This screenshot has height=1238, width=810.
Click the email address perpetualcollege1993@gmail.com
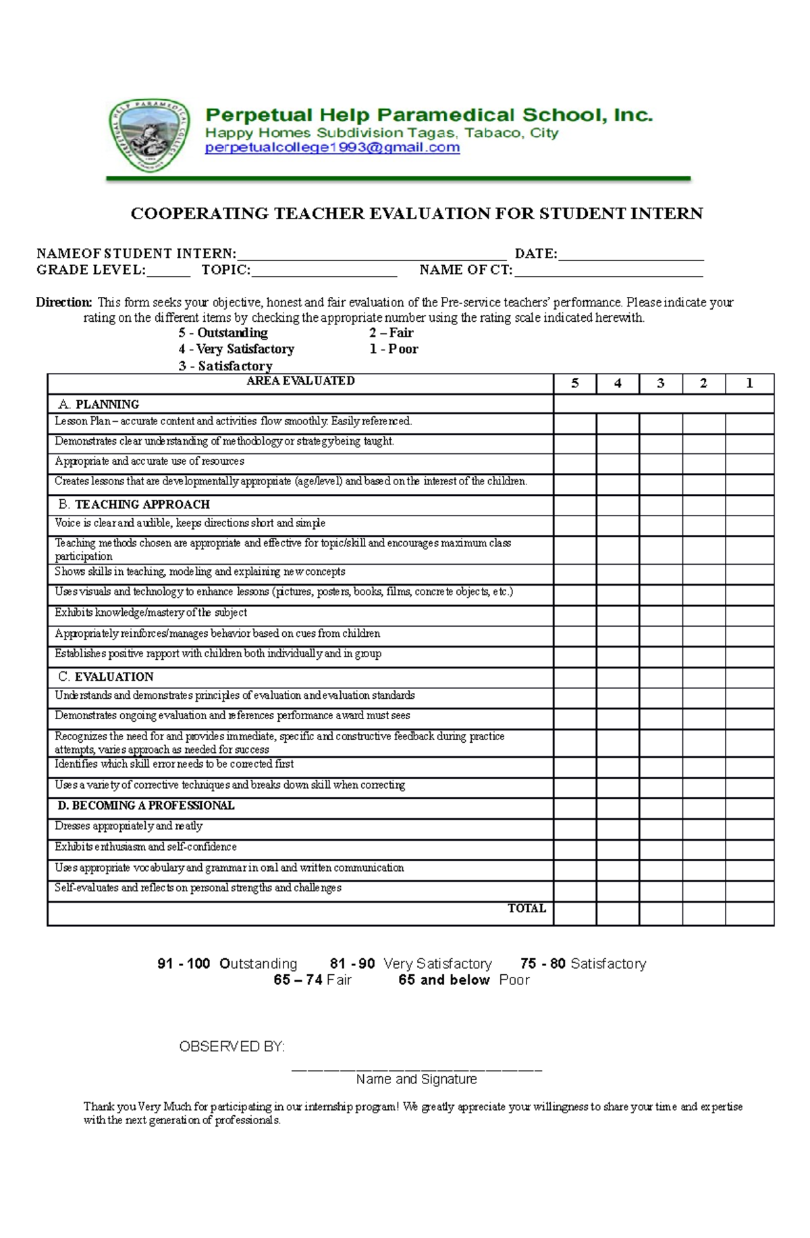tap(332, 148)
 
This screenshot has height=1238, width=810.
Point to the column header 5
tap(574, 383)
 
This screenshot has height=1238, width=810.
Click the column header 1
tap(749, 383)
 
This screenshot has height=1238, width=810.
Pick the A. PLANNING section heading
tap(99, 404)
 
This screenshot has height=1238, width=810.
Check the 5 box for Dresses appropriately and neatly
tap(574, 829)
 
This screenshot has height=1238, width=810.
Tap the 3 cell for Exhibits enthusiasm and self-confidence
tap(660, 849)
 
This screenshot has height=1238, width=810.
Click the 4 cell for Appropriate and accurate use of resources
tap(617, 463)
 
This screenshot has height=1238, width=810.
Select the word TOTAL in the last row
tap(526, 908)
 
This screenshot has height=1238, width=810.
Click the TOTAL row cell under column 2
tap(703, 913)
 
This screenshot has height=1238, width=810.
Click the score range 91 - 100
tap(184, 963)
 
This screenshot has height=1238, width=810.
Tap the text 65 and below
tap(443, 980)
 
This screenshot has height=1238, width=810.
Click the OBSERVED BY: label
tap(232, 1046)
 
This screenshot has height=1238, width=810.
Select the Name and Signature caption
tap(416, 1079)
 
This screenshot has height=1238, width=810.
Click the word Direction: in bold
tap(63, 302)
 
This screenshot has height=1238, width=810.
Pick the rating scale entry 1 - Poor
tap(394, 349)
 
